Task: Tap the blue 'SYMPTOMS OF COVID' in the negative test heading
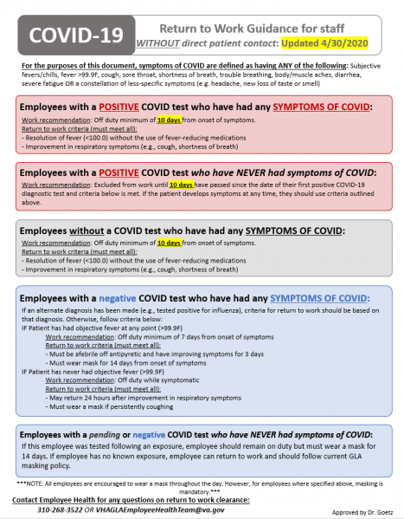pos(330,298)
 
